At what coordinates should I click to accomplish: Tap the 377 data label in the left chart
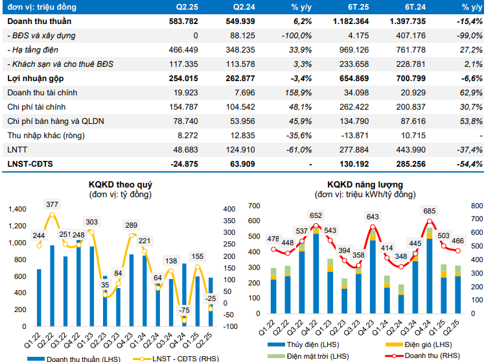[52, 204]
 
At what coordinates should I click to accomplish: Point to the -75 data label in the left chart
[185, 310]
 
